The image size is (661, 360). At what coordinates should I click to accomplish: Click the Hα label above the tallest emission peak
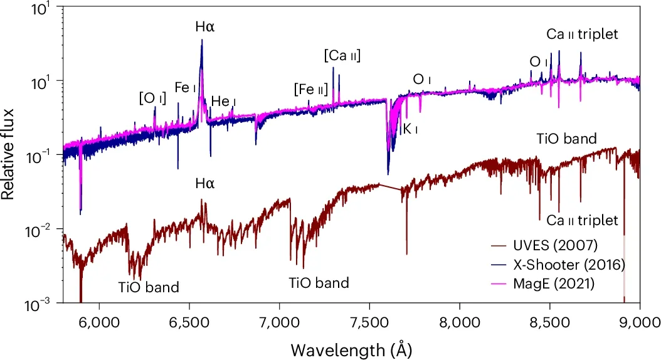(x=204, y=28)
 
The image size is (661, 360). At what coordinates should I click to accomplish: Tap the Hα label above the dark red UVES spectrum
(x=204, y=184)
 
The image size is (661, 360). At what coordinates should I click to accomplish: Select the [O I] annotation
(x=152, y=98)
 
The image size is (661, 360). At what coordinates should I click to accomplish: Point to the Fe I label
(x=182, y=88)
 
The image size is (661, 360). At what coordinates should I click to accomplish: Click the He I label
(x=223, y=102)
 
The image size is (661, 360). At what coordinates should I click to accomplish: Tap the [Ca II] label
(x=342, y=56)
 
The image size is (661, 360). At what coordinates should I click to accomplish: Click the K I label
(x=410, y=129)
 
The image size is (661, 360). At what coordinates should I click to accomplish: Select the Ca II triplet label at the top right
(x=582, y=35)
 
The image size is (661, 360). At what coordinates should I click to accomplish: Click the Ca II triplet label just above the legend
(x=582, y=221)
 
